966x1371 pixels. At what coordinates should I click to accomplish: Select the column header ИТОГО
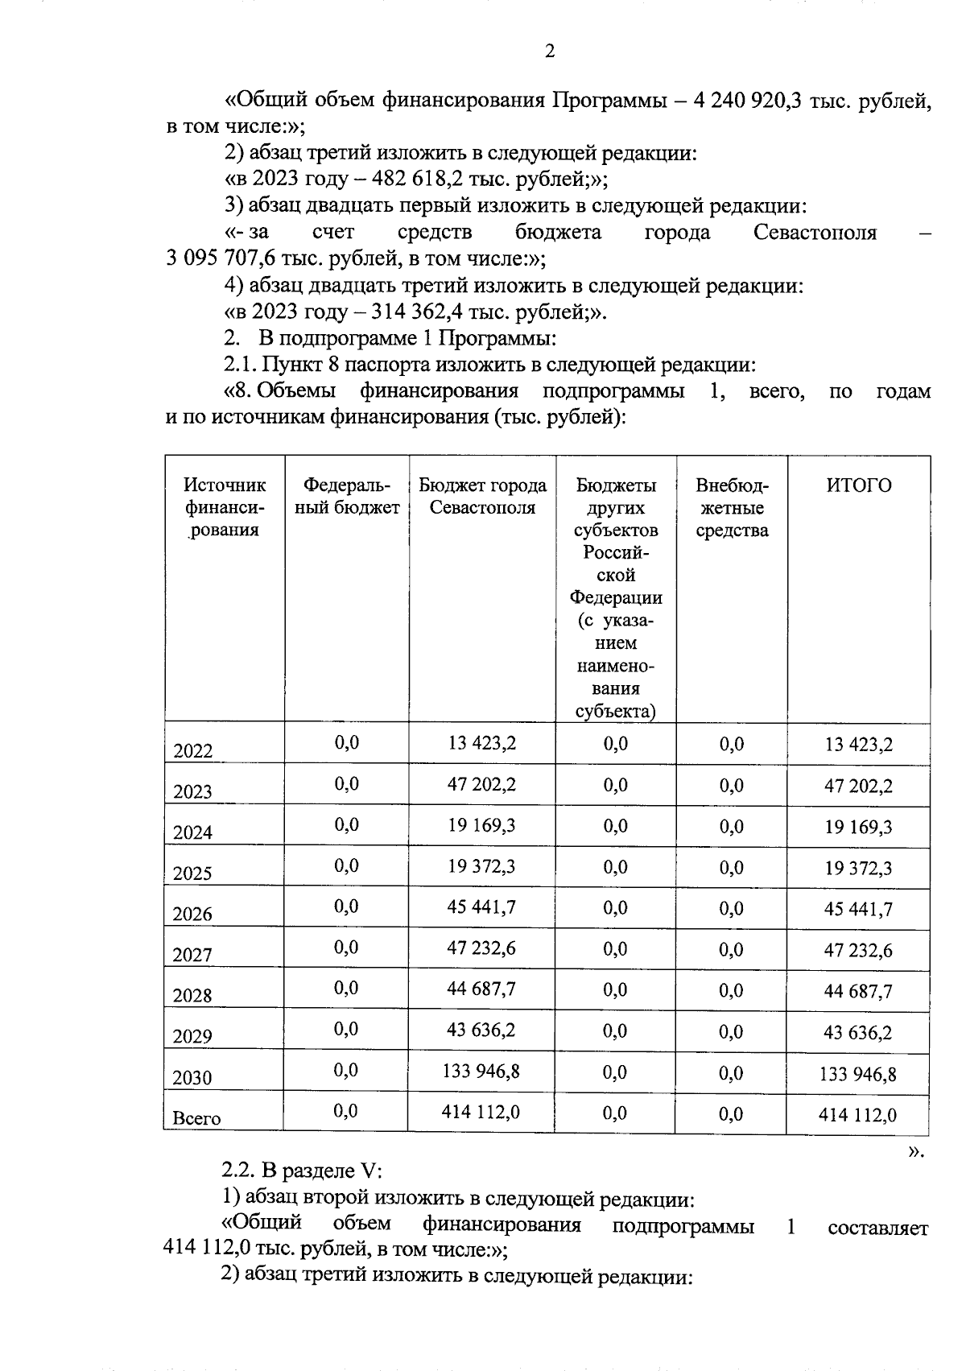(859, 485)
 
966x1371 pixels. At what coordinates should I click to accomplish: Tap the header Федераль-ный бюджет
(346, 496)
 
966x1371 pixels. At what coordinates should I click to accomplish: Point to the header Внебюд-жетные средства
(732, 507)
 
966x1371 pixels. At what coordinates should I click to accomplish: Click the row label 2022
(193, 751)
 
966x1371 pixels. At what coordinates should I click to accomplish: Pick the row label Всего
(196, 1117)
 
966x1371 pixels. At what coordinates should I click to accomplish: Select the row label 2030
(193, 1077)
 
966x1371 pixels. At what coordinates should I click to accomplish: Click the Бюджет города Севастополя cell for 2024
(481, 825)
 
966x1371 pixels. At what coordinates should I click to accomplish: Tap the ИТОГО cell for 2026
(858, 909)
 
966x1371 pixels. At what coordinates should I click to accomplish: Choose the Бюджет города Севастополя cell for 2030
(481, 1071)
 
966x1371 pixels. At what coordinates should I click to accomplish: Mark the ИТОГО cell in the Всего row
(857, 1114)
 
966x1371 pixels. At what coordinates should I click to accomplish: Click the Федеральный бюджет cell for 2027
(346, 948)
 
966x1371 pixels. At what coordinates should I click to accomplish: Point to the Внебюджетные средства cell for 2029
(732, 1031)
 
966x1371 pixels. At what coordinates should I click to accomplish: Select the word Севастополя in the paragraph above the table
(815, 233)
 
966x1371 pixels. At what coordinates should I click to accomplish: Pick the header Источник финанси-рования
(224, 507)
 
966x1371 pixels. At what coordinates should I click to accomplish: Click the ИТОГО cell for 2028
(858, 991)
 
